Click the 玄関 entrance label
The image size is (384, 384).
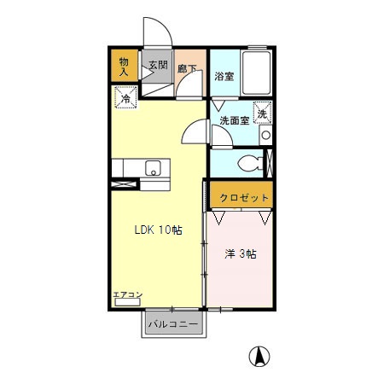[x=157, y=64]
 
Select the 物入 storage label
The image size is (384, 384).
[x=124, y=66]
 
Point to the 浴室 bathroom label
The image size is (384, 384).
[x=224, y=76]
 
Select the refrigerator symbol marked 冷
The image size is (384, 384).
[x=125, y=100]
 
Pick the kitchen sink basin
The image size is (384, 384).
[x=154, y=167]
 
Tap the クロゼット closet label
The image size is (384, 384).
[x=244, y=198]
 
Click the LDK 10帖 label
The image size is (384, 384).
[x=157, y=230]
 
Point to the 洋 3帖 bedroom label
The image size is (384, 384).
[x=241, y=253]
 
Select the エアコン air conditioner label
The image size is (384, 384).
[x=127, y=295]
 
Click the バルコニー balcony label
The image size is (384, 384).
[x=172, y=324]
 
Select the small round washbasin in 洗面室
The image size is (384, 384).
[x=265, y=134]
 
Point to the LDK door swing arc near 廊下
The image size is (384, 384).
[x=195, y=133]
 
